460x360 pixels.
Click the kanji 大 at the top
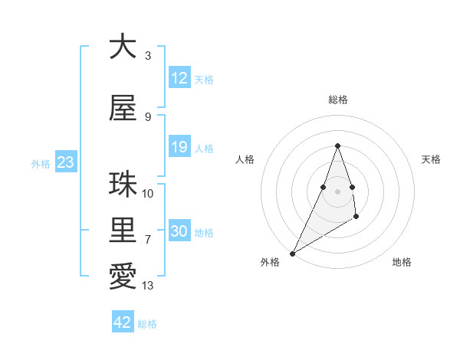(123, 47)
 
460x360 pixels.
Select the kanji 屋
(123, 108)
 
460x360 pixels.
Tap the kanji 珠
(123, 185)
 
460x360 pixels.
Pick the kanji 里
(123, 230)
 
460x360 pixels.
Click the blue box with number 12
(179, 78)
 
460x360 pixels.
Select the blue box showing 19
(179, 147)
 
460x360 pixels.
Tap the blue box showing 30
(179, 231)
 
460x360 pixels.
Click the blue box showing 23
(64, 162)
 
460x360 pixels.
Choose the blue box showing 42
(123, 322)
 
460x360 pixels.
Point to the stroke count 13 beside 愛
(148, 286)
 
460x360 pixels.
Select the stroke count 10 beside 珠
(148, 194)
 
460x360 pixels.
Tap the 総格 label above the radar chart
(337, 100)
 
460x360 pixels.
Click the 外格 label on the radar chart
(270, 262)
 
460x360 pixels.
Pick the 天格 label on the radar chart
(431, 159)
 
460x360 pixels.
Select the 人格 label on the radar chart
(245, 159)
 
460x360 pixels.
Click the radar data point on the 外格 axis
(292, 253)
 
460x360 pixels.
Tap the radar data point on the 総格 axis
(337, 146)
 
